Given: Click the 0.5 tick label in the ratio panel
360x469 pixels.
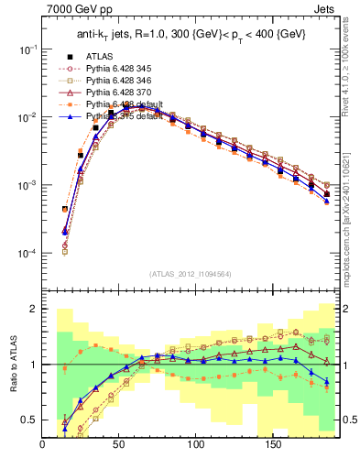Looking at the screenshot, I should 30,420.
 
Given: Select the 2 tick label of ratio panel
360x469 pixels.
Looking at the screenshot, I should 34,310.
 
